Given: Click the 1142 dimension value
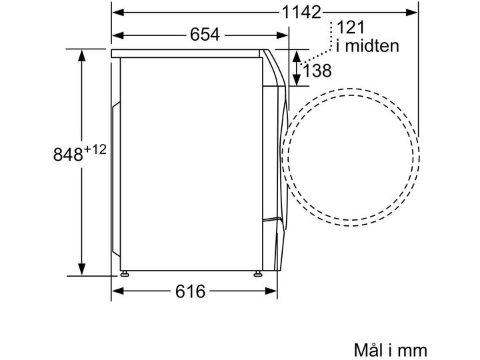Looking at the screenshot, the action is click(301, 13).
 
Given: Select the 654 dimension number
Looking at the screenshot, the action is click(205, 34).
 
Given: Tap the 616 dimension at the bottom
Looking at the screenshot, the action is click(190, 291).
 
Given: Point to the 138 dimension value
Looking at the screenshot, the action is click(317, 71).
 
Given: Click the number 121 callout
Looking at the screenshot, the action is click(351, 27).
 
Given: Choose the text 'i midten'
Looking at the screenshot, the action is click(367, 46).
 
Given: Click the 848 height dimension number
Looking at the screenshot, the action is click(68, 154).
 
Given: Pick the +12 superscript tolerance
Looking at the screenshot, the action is click(95, 149).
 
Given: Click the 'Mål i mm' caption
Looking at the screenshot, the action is click(390, 349).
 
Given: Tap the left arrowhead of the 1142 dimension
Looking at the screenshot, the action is click(118, 12).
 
